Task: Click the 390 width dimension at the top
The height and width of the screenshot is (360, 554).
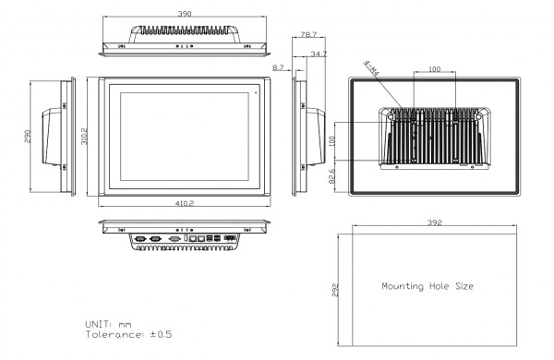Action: pos(185,14)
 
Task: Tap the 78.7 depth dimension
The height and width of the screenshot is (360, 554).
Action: pos(308,35)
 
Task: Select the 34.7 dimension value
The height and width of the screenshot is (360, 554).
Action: pos(319,54)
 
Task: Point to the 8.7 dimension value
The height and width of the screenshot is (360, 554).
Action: pos(278,67)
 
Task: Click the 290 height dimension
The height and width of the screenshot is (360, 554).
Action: pos(28,137)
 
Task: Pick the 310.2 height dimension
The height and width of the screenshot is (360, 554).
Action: pos(84,136)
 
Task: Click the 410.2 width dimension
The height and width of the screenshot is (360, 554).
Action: pos(185,203)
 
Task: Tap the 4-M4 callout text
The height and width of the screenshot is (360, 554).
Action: pos(371,68)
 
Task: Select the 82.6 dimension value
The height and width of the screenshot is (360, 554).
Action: pos(331,176)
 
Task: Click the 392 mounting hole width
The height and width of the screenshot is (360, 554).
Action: pos(435,222)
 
